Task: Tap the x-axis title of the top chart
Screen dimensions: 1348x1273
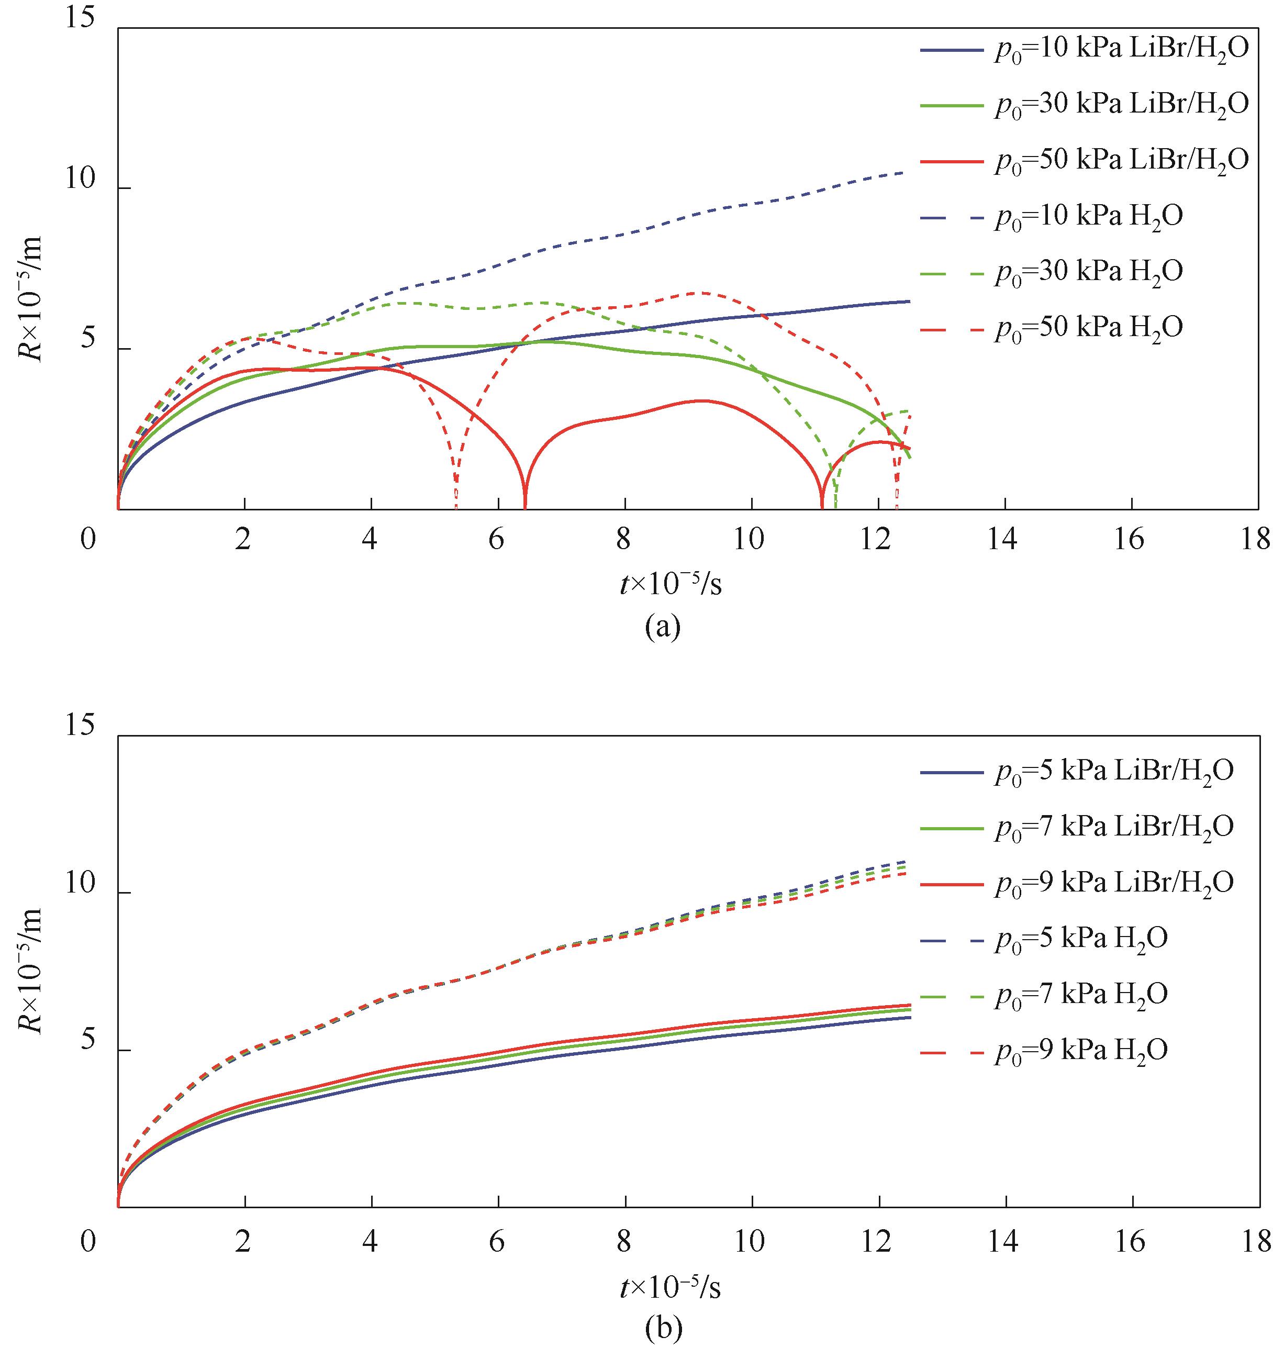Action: coord(670,584)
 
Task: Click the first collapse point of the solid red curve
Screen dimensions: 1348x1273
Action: coord(525,506)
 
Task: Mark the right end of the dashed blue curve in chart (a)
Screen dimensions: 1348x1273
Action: coord(903,173)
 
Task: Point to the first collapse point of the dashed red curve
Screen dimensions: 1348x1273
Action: coord(456,506)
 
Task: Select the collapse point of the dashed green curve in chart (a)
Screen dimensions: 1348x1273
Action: coord(835,506)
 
